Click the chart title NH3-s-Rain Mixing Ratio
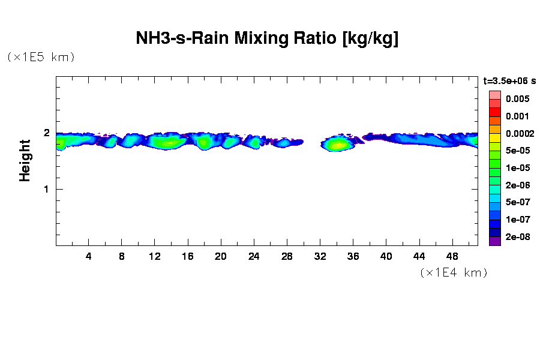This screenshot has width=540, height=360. point(267,39)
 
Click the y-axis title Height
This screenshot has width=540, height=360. point(25,160)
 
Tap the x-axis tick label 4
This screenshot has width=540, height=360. point(89,256)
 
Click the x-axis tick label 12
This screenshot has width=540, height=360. point(155,256)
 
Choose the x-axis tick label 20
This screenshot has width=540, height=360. point(221,256)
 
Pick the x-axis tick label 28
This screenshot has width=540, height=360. point(287,256)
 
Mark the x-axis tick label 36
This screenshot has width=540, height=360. point(353,256)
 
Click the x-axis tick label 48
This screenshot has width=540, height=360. point(452,256)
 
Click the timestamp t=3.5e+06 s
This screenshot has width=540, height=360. point(509,80)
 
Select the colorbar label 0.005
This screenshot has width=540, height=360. point(517,99)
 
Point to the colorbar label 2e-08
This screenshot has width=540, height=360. point(517,237)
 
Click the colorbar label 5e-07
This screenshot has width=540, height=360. point(517,203)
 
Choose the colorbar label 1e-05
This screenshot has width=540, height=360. point(517,168)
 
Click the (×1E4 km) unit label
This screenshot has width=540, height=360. point(454,272)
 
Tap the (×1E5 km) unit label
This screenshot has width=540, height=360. point(41,57)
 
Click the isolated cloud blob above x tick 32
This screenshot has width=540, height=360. point(337,144)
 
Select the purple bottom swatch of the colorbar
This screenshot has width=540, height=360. point(494,241)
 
